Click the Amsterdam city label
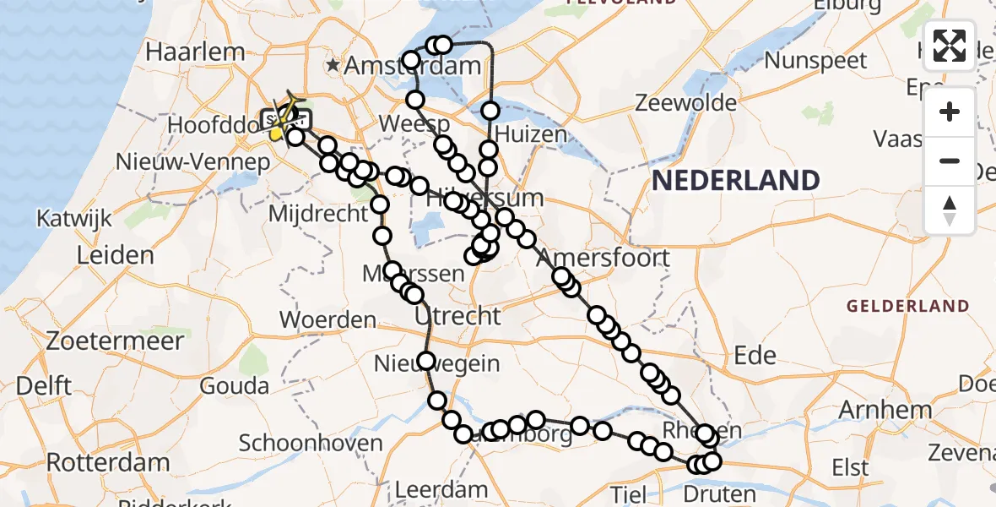tap(402, 65)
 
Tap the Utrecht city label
tap(457, 316)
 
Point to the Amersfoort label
tap(603, 257)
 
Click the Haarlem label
tap(195, 51)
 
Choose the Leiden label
tap(115, 254)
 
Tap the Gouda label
tap(235, 385)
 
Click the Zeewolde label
tap(685, 103)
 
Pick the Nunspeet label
tap(816, 60)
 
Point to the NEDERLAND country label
tap(736, 179)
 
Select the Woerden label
tap(327, 320)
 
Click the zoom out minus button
tap(950, 161)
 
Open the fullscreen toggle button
tap(950, 46)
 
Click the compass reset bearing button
tap(950, 210)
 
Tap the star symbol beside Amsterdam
tap(335, 64)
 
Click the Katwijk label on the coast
tap(74, 219)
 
